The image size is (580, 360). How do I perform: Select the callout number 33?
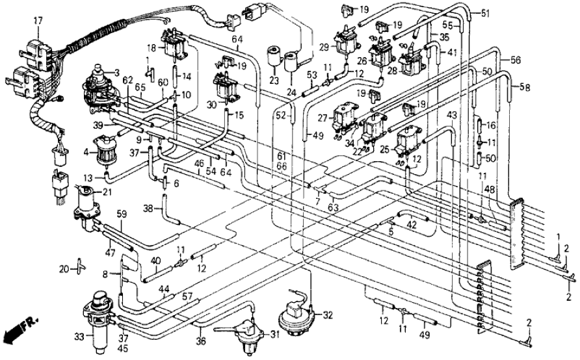point(80,337)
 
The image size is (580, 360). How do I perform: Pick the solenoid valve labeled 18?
point(173,44)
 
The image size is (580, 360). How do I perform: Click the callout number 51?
point(486,12)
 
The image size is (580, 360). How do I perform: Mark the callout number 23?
point(274,81)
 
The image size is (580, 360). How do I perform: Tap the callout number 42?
point(412,225)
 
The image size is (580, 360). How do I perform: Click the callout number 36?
point(202,340)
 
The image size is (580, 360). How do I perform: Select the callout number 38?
point(148,209)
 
